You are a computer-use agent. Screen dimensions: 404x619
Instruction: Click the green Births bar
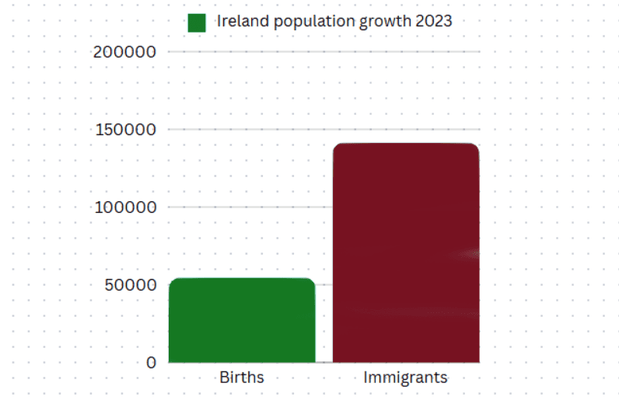pos(242,320)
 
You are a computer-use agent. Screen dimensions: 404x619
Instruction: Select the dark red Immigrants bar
pos(406,253)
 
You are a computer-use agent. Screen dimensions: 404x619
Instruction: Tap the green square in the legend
pos(197,23)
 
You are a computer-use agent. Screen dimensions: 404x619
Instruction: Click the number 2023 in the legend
pos(433,21)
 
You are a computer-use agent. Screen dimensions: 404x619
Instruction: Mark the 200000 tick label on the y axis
pos(124,52)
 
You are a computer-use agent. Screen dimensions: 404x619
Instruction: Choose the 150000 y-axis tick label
pos(124,129)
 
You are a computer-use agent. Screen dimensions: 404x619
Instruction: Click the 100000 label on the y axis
pos(124,207)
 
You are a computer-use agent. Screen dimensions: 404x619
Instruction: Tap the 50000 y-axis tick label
pos(128,284)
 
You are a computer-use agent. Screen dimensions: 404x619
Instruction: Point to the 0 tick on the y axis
pos(151,362)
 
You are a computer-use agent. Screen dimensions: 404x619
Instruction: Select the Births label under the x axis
pos(242,378)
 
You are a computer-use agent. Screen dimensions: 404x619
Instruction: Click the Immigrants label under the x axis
pos(406,378)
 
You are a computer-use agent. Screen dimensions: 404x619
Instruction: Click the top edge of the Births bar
pos(242,279)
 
